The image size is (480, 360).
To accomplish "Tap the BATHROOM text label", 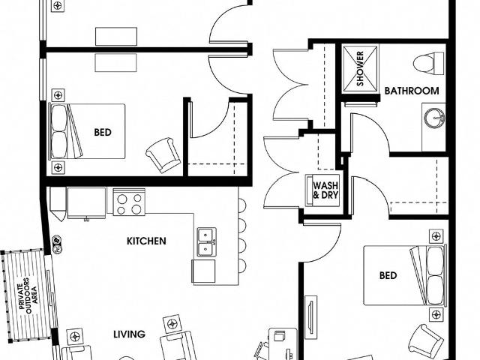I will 411,91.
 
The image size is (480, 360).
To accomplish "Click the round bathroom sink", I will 433,118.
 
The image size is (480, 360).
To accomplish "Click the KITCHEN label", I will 146,241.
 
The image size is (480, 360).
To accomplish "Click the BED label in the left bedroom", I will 103,133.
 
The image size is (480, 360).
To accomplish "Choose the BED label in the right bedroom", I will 388,275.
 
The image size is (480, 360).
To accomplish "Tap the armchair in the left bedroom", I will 163,155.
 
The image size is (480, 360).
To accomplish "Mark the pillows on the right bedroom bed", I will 433,274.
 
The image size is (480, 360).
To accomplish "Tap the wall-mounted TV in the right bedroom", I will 310,314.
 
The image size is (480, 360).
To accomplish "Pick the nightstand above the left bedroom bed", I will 57,96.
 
